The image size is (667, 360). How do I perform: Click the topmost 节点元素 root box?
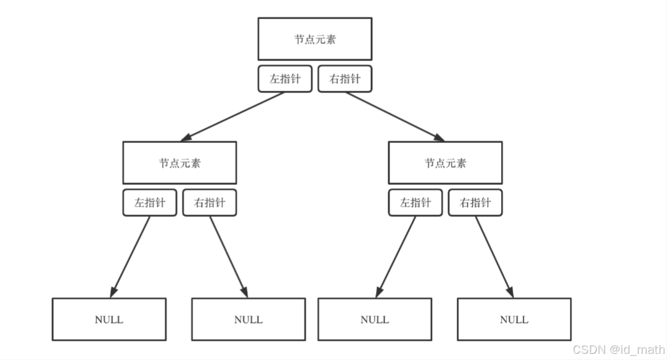[x=314, y=39]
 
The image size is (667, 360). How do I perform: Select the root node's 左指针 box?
[x=285, y=79]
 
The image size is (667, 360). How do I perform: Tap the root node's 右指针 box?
[x=345, y=79]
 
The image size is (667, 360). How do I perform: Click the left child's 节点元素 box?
[x=179, y=163]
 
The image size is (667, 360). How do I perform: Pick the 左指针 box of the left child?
[x=150, y=203]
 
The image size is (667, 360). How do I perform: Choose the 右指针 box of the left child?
[x=210, y=203]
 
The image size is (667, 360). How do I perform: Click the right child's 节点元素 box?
[x=445, y=163]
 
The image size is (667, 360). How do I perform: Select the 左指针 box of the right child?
[x=415, y=203]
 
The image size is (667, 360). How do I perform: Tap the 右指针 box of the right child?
[x=475, y=203]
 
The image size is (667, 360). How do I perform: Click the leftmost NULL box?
[x=109, y=319]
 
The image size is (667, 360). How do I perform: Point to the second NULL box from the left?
[x=248, y=319]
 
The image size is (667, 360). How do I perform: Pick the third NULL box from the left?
[x=375, y=319]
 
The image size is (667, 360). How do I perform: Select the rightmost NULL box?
[x=514, y=319]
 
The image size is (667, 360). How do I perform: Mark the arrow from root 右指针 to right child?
[x=395, y=117]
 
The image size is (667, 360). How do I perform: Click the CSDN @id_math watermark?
[x=618, y=350]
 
